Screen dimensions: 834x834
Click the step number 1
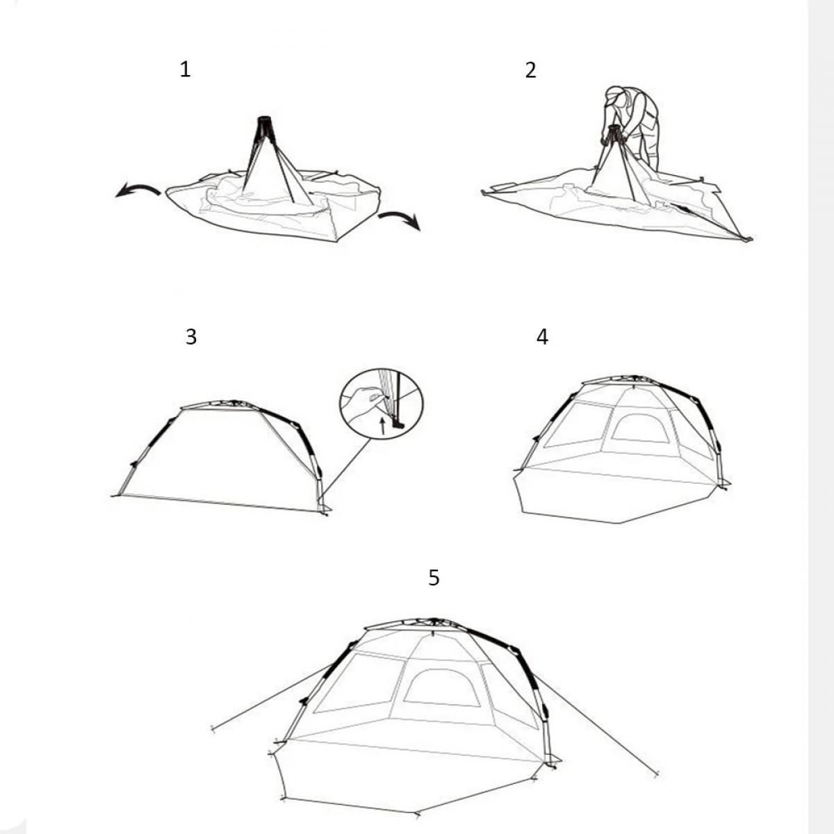(186, 69)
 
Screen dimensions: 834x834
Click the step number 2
(530, 70)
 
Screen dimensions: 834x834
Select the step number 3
(191, 336)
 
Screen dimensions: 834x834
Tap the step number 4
(542, 336)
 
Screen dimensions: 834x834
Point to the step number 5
(434, 578)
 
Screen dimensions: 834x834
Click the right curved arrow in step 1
(400, 219)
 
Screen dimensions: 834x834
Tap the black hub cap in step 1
(264, 120)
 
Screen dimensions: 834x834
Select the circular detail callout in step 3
(382, 404)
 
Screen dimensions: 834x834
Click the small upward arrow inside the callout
(382, 425)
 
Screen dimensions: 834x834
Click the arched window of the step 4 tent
(639, 429)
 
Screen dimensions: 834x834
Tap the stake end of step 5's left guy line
(213, 728)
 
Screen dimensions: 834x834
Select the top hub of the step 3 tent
(234, 403)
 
